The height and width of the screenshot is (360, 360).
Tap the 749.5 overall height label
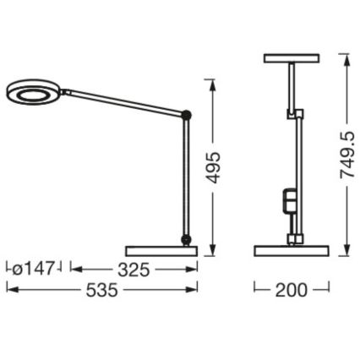(x=346, y=155)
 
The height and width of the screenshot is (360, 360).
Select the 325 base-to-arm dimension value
(x=133, y=270)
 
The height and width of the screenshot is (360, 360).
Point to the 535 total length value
(x=102, y=290)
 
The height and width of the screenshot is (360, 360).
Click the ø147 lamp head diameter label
(x=35, y=270)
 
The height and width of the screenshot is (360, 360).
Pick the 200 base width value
(x=292, y=290)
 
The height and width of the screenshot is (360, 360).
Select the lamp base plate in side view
(x=161, y=251)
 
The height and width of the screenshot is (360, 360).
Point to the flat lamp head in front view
(x=291, y=58)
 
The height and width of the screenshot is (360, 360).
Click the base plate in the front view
(x=291, y=251)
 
